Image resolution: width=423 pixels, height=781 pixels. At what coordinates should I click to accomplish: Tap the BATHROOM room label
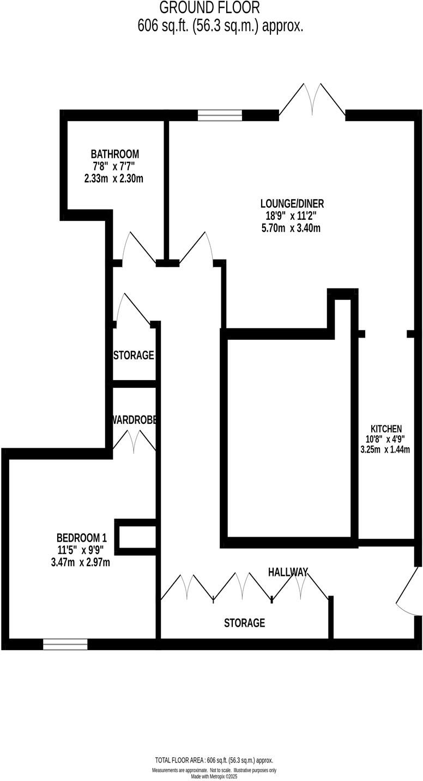point(114,154)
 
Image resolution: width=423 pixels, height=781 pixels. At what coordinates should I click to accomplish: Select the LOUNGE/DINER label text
point(292,204)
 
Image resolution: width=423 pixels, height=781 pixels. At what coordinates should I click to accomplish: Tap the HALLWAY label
point(288,572)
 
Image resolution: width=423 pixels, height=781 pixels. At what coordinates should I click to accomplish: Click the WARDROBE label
point(135,420)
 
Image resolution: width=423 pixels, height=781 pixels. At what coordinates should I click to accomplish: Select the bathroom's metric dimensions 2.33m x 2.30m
point(114,178)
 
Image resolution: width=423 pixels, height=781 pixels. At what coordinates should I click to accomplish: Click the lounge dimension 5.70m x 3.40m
point(291,228)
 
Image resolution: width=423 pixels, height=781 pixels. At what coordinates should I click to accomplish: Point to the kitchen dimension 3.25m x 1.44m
point(385,450)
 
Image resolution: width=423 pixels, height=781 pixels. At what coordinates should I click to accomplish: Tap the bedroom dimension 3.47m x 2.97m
point(80,562)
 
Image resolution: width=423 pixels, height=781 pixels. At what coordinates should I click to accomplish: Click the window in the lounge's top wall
point(220,115)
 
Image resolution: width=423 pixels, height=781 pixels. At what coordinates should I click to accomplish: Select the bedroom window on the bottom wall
point(65,644)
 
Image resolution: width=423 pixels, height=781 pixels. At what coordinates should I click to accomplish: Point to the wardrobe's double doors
point(134,441)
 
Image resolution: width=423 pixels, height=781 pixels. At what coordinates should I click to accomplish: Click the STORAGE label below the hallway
point(245,623)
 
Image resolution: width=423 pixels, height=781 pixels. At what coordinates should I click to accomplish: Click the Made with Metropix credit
point(214,777)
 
